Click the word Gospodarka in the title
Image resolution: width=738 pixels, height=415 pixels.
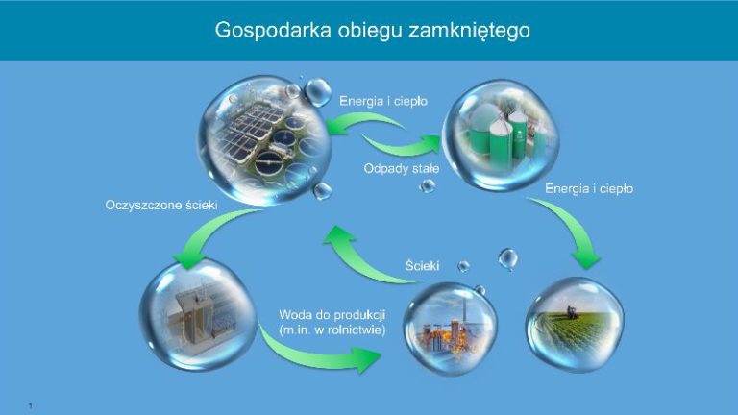point(273,30)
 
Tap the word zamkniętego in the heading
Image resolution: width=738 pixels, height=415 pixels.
point(469,31)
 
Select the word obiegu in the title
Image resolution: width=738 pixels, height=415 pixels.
point(370,31)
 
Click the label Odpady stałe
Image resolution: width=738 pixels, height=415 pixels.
point(402,168)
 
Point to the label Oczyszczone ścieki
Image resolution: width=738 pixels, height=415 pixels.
point(161,206)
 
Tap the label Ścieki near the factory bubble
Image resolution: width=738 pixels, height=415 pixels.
point(422,266)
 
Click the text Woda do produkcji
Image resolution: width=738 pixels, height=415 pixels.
point(332,315)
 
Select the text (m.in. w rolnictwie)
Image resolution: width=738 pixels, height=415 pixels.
point(332,330)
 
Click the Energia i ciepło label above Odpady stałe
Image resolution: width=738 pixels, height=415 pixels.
point(383,101)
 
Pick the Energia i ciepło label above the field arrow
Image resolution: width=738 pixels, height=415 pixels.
point(589,188)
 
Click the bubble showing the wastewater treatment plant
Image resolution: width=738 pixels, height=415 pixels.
point(264,140)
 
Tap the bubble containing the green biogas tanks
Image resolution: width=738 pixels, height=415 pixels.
point(501,135)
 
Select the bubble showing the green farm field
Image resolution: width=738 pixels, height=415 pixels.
point(576,325)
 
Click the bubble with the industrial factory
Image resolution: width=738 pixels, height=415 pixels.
point(450,329)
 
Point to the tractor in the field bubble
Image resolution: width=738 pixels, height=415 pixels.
point(572,312)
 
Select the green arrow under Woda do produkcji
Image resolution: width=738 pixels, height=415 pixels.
point(315,356)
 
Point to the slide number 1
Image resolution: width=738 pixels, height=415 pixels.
point(31,405)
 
